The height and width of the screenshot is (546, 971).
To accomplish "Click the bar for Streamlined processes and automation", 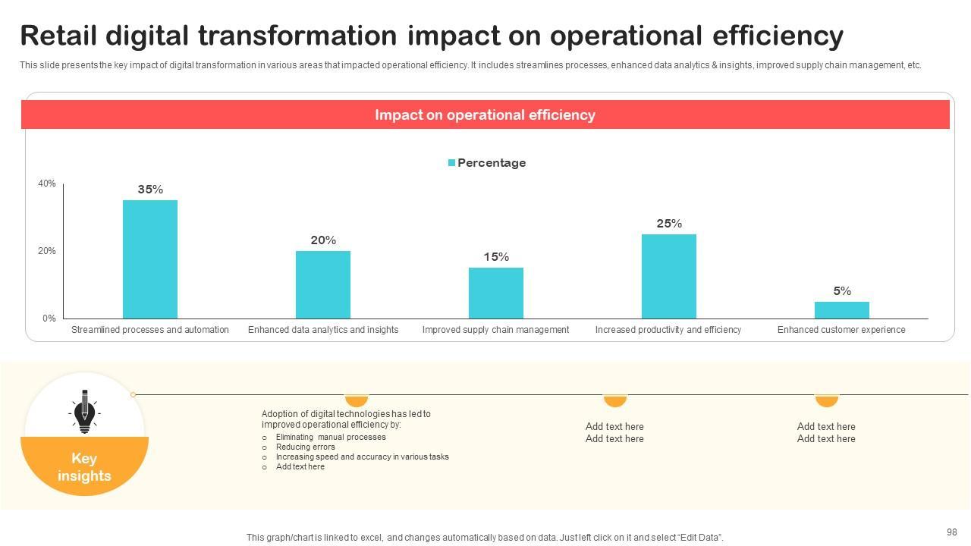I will coord(150,259).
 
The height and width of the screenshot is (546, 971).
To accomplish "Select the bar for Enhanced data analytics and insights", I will coord(323,284).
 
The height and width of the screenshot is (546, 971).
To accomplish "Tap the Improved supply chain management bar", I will coord(496,293).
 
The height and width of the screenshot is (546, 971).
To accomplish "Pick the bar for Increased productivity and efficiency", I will coord(669,276).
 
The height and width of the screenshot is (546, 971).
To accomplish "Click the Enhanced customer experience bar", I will coord(842,310).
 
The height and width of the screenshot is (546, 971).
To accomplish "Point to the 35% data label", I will coord(150,190).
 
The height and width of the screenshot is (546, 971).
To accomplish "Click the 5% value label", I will coord(842,291).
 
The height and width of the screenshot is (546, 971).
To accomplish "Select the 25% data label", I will coord(669,224).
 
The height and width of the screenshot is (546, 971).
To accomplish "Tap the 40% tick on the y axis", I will coord(47,184).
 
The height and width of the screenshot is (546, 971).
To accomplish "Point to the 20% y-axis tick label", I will coord(47,251).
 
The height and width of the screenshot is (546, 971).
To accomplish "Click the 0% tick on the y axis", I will coord(49,318).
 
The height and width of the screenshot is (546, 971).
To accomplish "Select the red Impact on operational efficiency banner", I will coord(485,115).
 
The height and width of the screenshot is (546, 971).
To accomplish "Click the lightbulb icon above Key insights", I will coord(84,412).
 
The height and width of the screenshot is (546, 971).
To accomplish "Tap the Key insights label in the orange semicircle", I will coord(84,467).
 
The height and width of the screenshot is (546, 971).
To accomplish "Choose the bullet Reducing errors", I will coord(305,447).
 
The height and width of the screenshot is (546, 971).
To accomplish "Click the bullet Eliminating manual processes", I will coord(331,438).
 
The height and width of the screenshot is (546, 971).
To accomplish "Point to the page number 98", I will coord(952,532).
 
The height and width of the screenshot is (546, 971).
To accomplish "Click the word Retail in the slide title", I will coord(58,36).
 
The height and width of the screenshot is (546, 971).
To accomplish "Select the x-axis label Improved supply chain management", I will coord(495,330).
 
